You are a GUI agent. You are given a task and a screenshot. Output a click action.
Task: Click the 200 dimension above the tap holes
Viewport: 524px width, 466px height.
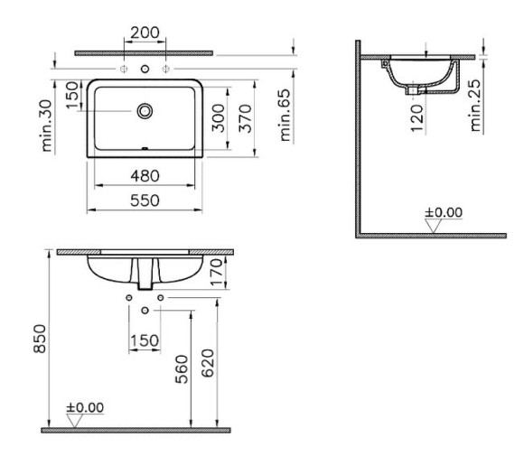pos(145,33)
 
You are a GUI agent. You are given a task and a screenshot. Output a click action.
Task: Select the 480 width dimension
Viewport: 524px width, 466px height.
pos(145,174)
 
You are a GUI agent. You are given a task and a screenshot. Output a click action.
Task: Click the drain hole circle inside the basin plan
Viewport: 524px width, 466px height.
pos(145,111)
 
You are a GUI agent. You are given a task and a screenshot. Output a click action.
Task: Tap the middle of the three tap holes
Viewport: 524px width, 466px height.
pos(145,69)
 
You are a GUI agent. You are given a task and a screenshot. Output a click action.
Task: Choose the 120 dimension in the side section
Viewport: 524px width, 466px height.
pos(416,116)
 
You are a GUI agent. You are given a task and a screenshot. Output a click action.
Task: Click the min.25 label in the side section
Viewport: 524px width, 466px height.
pos(478,105)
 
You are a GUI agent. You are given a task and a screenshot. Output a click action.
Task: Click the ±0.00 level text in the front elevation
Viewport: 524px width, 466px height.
pos(85,407)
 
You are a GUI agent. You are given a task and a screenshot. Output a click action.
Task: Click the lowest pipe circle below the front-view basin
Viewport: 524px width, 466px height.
pos(145,309)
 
